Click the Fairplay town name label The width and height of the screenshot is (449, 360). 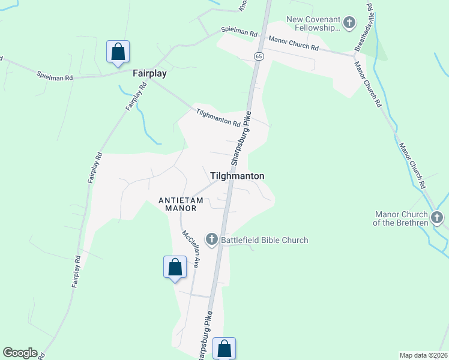[149, 73]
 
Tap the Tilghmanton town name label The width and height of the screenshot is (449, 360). [237, 176]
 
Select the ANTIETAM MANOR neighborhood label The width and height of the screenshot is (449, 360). [178, 203]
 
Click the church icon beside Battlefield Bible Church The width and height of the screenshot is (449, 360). [211, 240]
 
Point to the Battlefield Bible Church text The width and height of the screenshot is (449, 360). [264, 240]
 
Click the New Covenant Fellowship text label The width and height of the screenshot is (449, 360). [313, 23]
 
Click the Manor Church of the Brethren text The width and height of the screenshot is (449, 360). [401, 218]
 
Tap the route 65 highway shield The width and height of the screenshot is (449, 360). [258, 56]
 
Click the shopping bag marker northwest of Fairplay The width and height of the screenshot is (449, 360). [118, 52]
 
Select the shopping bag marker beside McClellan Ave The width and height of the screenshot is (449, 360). [175, 266]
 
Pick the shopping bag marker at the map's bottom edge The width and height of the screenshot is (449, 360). [224, 348]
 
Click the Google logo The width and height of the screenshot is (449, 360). [20, 353]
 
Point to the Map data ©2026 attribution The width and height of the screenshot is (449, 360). [423, 355]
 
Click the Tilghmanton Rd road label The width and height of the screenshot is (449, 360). [218, 117]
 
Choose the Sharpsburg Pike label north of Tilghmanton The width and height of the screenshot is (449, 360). [241, 139]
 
